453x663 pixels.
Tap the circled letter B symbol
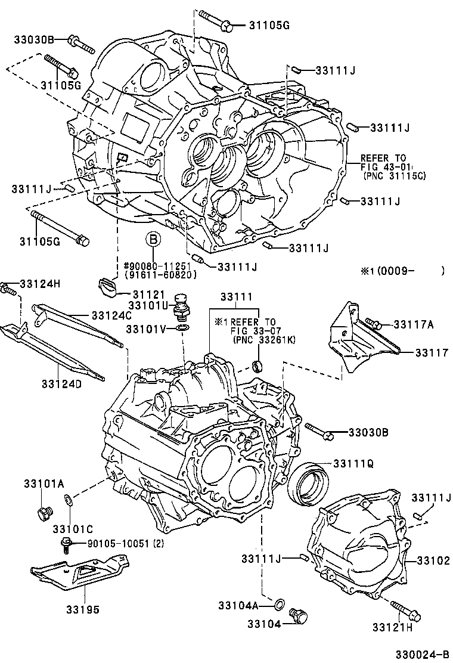153,240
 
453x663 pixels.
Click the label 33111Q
353,463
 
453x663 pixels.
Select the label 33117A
414,324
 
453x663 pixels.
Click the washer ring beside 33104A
278,606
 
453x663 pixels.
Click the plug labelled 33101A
44,511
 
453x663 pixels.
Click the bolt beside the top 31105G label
216,19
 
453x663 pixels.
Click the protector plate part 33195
80,572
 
